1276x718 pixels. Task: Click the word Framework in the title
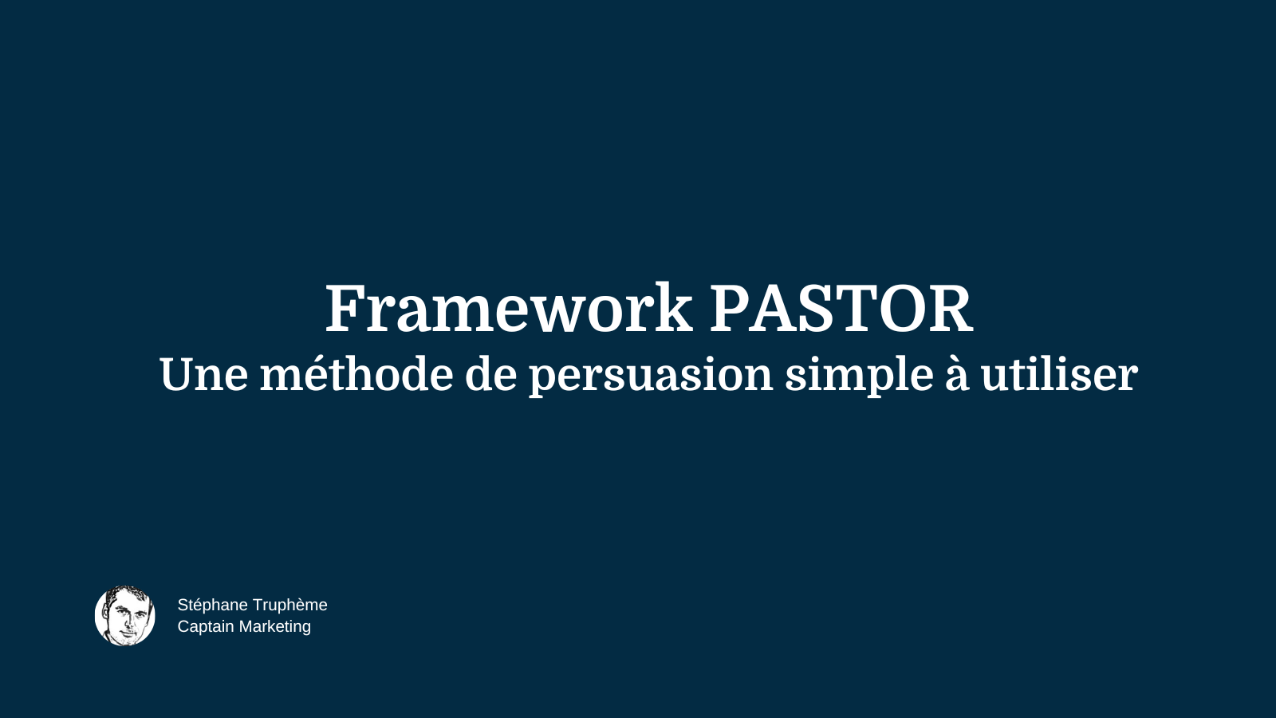point(508,309)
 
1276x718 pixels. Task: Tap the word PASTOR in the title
point(841,309)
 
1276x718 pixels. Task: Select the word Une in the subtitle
point(203,374)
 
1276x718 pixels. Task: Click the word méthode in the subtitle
point(356,374)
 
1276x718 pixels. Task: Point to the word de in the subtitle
point(490,374)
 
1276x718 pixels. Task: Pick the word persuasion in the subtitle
point(651,374)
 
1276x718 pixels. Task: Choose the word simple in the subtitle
point(859,374)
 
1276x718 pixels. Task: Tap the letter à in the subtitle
point(956,374)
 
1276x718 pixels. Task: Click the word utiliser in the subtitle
point(1058,374)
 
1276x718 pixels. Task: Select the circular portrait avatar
point(125,615)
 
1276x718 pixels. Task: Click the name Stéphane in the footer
point(212,605)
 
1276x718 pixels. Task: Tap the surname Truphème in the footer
point(289,605)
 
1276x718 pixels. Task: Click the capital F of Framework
point(345,309)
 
